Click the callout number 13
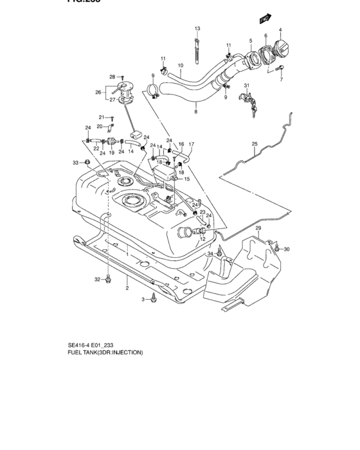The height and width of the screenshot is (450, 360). pyautogui.click(x=197, y=29)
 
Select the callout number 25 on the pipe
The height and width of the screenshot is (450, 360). pyautogui.click(x=254, y=144)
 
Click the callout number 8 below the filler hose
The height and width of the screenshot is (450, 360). pyautogui.click(x=195, y=112)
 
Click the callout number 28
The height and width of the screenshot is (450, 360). pyautogui.click(x=111, y=77)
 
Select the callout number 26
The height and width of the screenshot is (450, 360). pyautogui.click(x=98, y=92)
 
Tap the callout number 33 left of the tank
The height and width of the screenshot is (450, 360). pyautogui.click(x=75, y=162)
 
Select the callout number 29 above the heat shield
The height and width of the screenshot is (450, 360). pyautogui.click(x=258, y=228)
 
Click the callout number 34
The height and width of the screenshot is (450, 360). pyautogui.click(x=209, y=255)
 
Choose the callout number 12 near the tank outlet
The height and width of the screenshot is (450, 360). pyautogui.click(x=202, y=239)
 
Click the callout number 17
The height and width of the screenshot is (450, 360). pyautogui.click(x=191, y=144)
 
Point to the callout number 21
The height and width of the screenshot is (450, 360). pyautogui.click(x=101, y=117)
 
